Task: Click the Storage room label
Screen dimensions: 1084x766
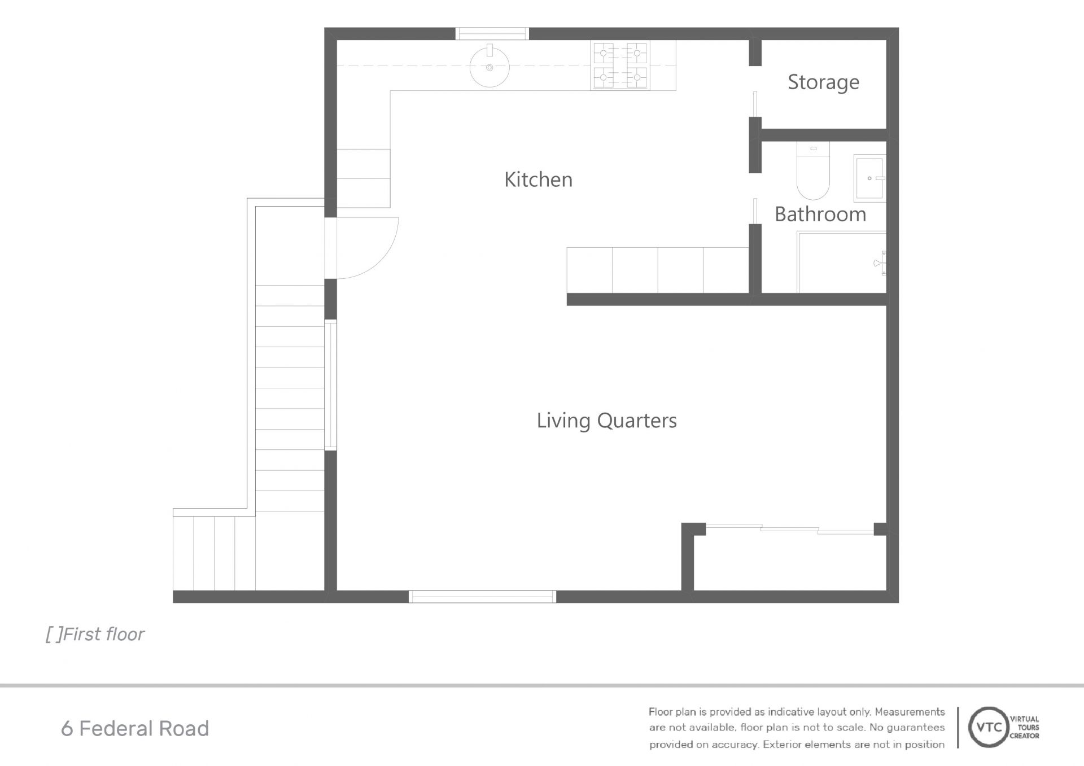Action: (823, 82)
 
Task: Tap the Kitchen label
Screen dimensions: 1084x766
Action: (538, 180)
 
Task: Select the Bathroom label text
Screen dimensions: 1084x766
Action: (820, 215)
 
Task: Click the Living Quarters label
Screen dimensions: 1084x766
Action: (606, 421)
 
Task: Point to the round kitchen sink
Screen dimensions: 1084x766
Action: (489, 66)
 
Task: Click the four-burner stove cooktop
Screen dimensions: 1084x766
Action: (620, 65)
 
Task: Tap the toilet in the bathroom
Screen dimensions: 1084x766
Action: (813, 170)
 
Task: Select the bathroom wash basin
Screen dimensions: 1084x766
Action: (869, 178)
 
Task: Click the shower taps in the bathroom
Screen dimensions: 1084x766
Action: (880, 262)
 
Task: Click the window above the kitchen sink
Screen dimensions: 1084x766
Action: (492, 34)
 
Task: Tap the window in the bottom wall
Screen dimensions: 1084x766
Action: (482, 597)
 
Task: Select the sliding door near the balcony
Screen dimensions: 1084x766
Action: (790, 529)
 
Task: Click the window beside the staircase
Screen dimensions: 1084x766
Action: (330, 385)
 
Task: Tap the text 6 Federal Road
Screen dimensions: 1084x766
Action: (135, 729)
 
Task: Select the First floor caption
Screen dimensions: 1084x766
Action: (95, 634)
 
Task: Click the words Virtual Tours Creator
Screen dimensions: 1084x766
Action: (1024, 728)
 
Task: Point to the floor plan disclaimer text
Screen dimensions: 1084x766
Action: (797, 728)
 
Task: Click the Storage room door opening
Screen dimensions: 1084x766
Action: (755, 91)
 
